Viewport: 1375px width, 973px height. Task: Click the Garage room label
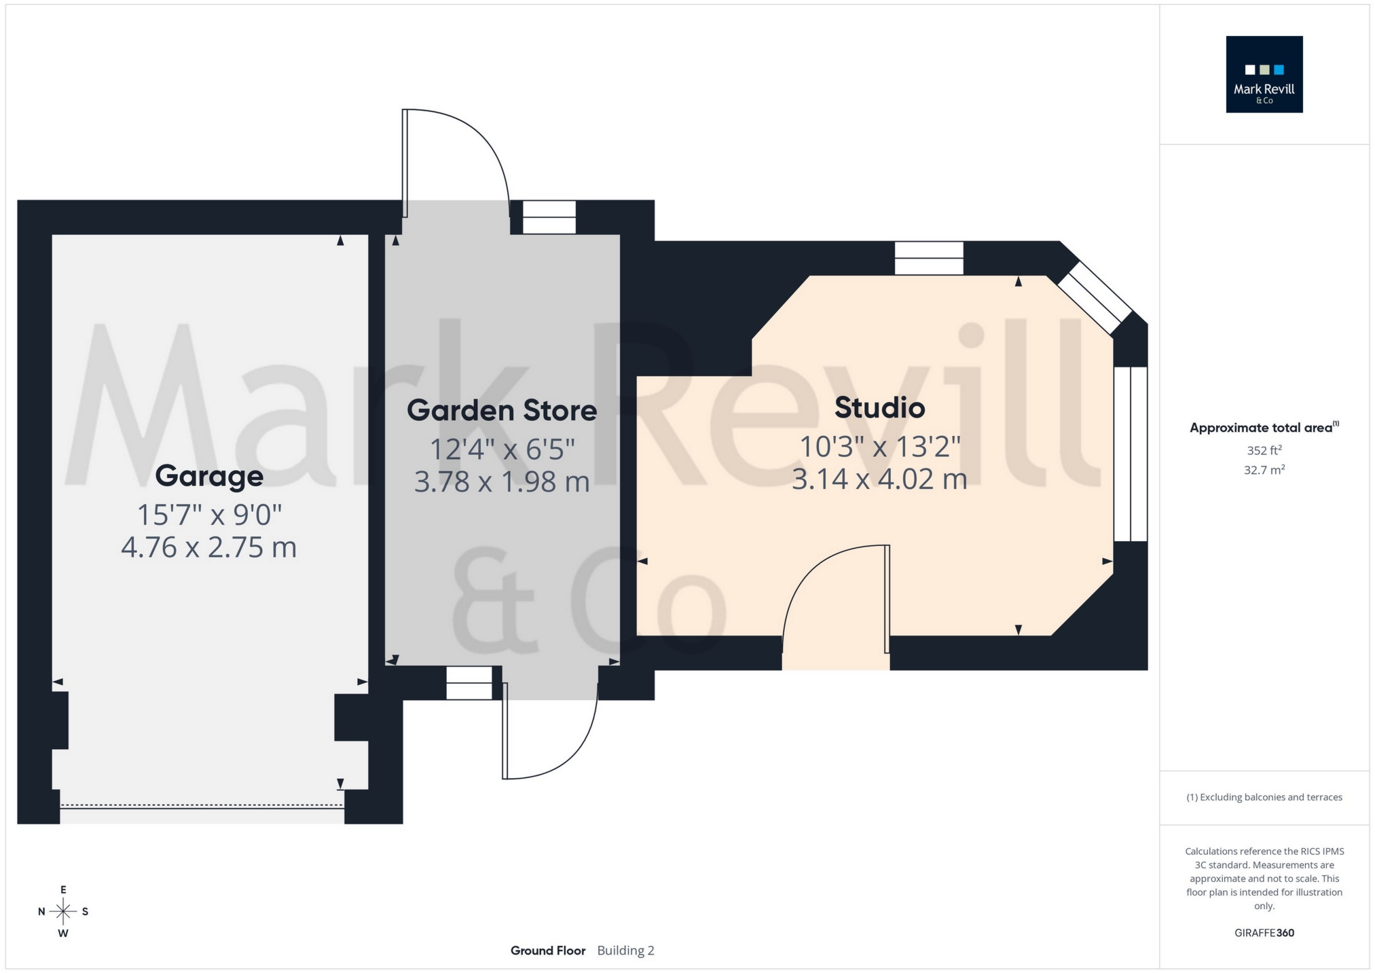point(209,476)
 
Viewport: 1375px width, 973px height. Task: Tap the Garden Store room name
point(502,411)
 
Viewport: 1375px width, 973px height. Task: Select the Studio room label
point(879,408)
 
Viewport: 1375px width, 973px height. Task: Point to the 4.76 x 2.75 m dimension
point(209,547)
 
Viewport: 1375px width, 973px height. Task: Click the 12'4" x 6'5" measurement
point(502,449)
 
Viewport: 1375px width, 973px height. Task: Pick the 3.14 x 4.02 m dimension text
point(879,479)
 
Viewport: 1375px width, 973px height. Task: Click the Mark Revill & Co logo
point(1264,75)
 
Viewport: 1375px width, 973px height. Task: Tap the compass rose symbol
point(63,911)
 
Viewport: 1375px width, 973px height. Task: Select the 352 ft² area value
point(1264,450)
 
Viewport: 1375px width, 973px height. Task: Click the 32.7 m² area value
point(1264,470)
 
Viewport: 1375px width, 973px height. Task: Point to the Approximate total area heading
point(1264,428)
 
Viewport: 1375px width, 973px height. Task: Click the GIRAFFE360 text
point(1264,933)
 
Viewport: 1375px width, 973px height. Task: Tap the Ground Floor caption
point(548,951)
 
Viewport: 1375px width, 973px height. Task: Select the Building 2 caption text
point(625,951)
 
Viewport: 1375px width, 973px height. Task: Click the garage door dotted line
point(202,806)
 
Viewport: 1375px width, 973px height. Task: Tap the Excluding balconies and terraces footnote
point(1264,797)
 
